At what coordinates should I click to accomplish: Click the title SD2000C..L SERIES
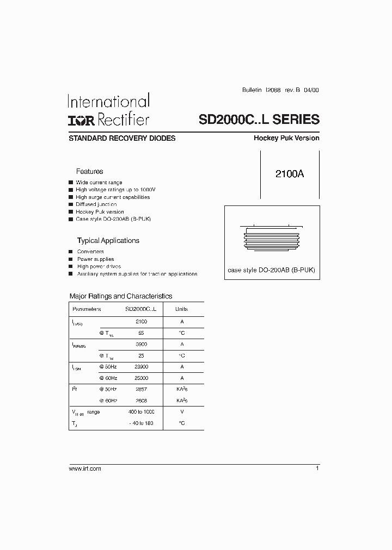255,120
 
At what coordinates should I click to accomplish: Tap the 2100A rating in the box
289,174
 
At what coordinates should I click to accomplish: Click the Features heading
89,171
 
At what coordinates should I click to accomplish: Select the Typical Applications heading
108,240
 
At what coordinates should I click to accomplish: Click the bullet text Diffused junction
96,204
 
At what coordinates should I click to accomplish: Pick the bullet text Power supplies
96,259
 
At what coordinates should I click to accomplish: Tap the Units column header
181,309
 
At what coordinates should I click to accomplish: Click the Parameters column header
87,309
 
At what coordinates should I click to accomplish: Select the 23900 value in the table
140,367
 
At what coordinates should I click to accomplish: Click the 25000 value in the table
140,378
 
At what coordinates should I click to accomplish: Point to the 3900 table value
141,344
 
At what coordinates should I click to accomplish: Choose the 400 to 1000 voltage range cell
140,412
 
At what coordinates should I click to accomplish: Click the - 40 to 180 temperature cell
140,423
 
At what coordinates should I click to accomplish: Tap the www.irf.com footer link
85,468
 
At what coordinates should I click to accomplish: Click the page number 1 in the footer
317,468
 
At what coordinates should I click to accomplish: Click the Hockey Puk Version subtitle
286,138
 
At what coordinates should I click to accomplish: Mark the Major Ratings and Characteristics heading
121,296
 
